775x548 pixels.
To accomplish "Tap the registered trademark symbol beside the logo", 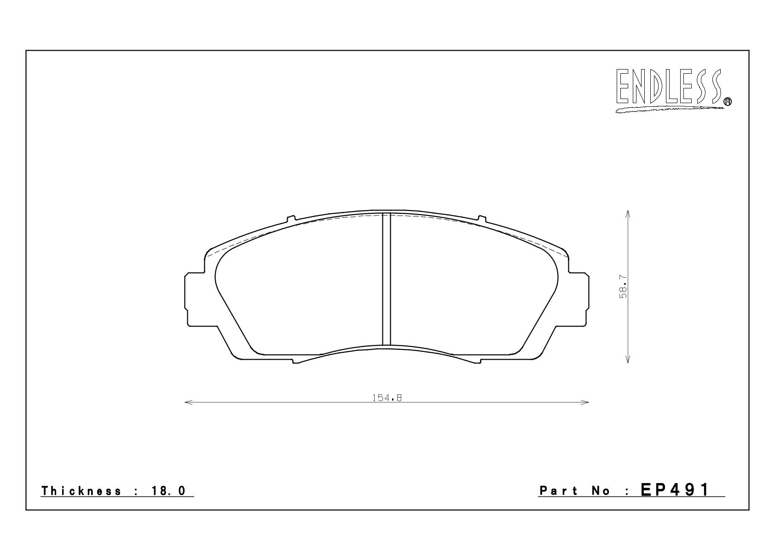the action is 728,101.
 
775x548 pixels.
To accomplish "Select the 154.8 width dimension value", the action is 387,398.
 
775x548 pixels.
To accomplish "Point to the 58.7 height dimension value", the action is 623,286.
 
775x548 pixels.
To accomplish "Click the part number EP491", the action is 675,490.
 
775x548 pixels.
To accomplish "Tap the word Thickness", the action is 81,491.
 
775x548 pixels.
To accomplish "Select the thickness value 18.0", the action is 168,491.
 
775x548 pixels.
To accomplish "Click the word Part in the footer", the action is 558,491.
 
